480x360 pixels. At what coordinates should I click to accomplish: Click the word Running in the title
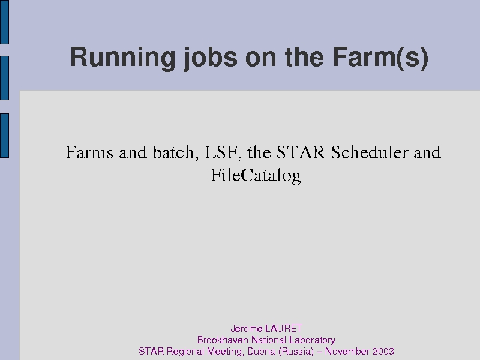123,57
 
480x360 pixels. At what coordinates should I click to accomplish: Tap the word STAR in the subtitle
301,152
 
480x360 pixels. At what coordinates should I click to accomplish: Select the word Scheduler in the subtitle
370,152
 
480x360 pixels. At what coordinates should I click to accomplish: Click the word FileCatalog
256,176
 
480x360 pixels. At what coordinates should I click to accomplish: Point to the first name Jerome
247,328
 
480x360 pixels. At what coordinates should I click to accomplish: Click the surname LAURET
284,328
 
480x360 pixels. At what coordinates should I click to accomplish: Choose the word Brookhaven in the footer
223,340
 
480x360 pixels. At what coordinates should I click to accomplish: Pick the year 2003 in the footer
383,351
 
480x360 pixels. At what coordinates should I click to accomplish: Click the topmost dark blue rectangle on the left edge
4,22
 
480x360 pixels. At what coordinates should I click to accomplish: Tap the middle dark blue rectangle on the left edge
4,78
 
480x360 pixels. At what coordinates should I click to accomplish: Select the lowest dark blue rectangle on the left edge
4,136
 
